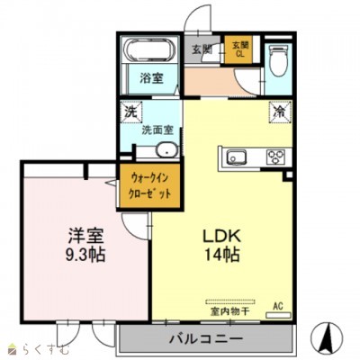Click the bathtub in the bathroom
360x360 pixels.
pyautogui.click(x=143, y=49)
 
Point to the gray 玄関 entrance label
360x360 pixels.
pyautogui.click(x=200, y=49)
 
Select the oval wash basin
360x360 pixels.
pyautogui.click(x=166, y=150)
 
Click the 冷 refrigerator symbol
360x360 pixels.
pyautogui.click(x=279, y=114)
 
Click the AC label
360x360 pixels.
pyautogui.click(x=278, y=307)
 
